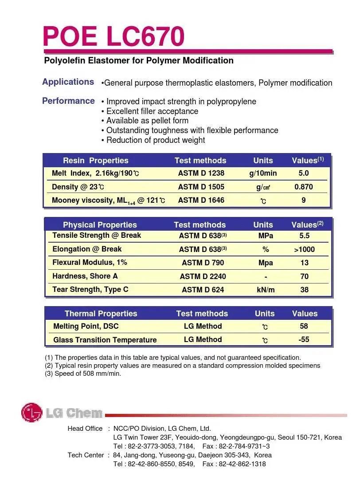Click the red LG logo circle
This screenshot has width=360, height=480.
click(31, 413)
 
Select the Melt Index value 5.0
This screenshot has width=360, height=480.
click(304, 173)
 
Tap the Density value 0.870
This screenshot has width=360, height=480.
click(304, 187)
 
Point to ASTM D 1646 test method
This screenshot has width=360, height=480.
click(201, 200)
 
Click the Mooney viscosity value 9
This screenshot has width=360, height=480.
click(304, 200)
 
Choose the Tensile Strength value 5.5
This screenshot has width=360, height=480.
click(304, 236)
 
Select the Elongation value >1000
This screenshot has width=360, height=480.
click(304, 249)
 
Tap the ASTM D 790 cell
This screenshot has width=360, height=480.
click(203, 263)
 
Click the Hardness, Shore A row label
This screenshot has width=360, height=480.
click(85, 276)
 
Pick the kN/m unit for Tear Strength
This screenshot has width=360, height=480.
click(266, 290)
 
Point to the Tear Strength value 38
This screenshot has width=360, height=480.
click(304, 290)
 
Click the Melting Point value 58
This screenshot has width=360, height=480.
click(304, 326)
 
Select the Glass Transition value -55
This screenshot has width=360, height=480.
click(304, 339)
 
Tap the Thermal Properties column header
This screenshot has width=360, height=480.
click(101, 314)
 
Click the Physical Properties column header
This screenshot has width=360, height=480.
click(100, 225)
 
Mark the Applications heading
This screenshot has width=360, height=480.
click(68, 82)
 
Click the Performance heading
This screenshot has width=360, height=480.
click(68, 101)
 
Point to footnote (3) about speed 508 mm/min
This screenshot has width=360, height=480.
click(83, 374)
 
